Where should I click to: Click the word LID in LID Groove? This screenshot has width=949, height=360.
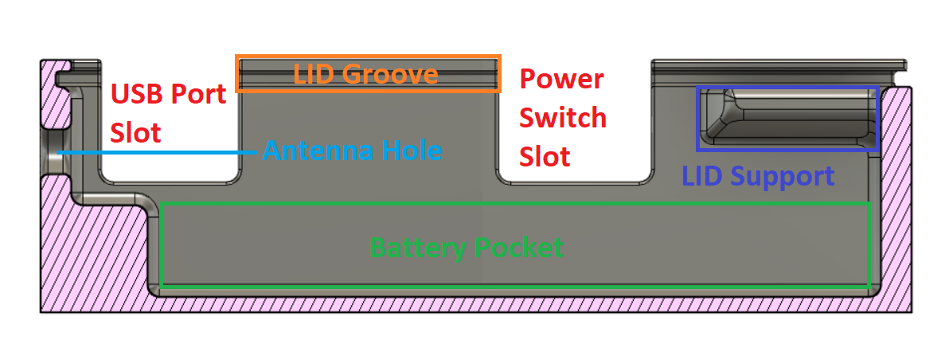click(314, 74)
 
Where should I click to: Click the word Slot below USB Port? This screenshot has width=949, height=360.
click(136, 132)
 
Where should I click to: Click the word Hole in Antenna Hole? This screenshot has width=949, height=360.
click(408, 150)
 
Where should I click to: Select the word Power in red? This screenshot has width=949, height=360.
click(561, 80)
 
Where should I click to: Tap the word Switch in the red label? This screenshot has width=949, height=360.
click(563, 118)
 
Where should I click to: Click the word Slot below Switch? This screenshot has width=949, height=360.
click(545, 156)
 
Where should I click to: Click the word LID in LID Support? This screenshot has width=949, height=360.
click(698, 176)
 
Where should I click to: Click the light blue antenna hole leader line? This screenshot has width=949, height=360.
click(159, 151)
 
